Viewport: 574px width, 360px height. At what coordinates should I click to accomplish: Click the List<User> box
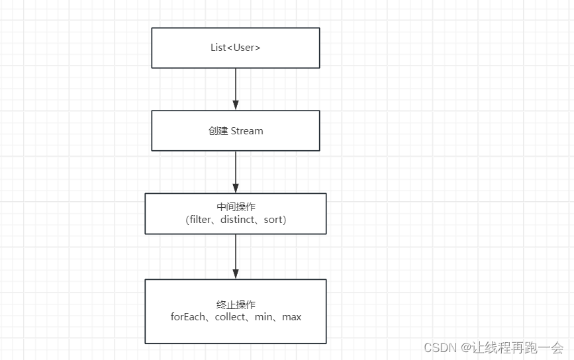point(235,48)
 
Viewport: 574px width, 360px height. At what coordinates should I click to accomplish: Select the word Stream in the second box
point(247,131)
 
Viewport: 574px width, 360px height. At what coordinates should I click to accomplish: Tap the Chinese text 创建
point(218,131)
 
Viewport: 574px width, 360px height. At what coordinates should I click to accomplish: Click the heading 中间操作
point(236,207)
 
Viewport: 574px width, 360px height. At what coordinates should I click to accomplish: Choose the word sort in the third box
point(273,220)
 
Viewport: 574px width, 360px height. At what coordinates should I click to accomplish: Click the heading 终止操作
point(236,305)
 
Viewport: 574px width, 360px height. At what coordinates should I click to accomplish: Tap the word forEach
point(189,317)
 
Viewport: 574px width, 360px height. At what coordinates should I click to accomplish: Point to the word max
point(291,317)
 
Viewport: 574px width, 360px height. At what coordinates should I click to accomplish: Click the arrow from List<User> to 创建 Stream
point(236,86)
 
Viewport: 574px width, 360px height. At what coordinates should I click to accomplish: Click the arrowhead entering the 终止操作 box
point(236,274)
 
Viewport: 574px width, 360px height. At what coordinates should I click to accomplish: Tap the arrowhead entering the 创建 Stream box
point(236,105)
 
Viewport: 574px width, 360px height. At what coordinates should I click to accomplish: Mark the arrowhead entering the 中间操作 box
point(236,189)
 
